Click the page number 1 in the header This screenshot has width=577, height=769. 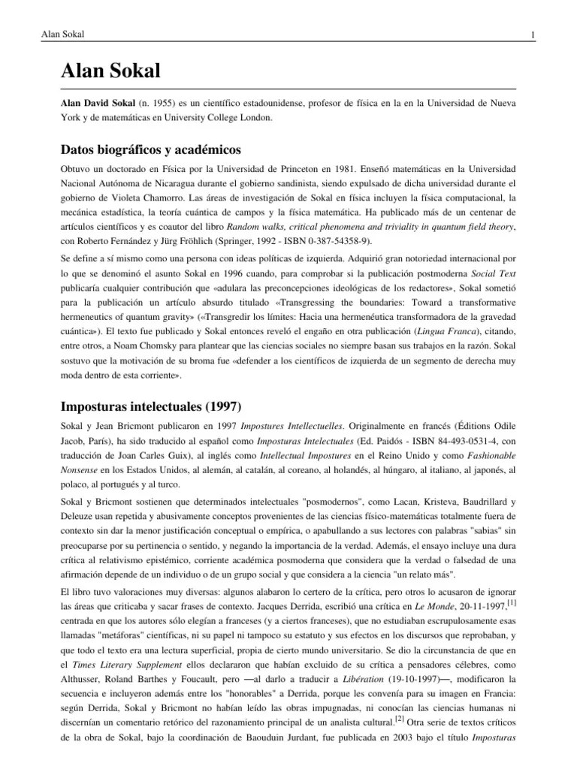(x=532, y=36)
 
